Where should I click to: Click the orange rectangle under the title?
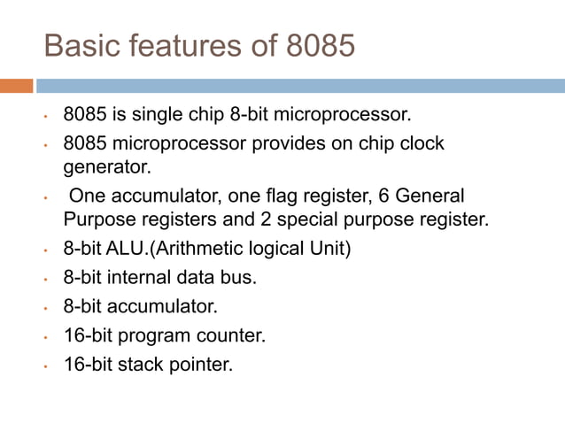pyautogui.click(x=17, y=86)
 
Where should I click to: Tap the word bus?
pyautogui.click(x=239, y=278)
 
